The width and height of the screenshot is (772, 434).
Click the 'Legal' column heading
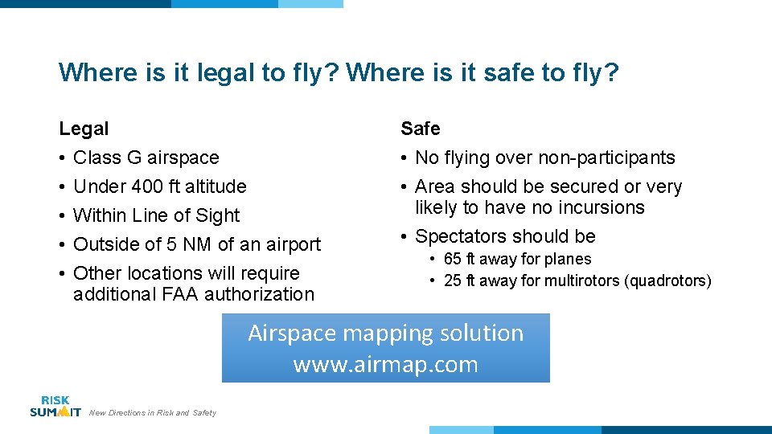coord(84,129)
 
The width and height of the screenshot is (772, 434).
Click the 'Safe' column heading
coord(421,129)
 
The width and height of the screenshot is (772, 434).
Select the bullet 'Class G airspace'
coord(146,158)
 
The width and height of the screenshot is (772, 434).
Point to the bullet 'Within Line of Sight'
coord(156,215)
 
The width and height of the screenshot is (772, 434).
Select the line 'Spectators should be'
coord(505,236)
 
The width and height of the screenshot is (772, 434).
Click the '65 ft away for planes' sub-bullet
coord(517,260)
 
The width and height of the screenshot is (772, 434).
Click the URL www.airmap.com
coord(385,365)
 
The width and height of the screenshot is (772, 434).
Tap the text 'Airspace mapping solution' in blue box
coord(385,333)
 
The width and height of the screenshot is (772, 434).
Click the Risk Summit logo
coord(55,406)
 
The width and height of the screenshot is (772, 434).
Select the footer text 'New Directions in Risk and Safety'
coord(153,413)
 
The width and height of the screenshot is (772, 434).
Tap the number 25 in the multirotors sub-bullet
coord(452,280)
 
